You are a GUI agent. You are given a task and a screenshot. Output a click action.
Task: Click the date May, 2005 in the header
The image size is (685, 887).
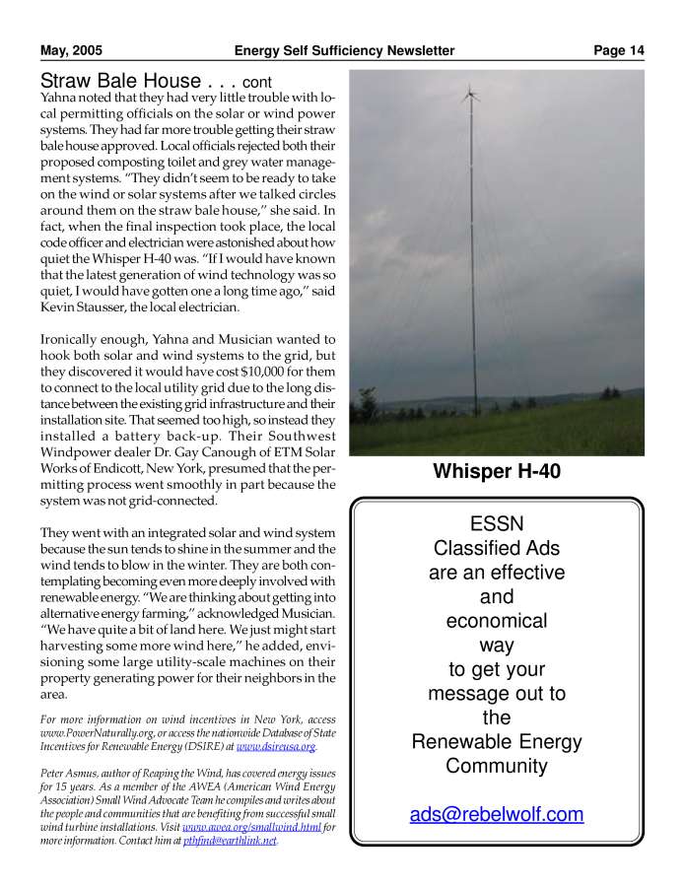pos(71,50)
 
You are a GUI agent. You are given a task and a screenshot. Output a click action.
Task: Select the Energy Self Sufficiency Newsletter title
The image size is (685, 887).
pos(344,50)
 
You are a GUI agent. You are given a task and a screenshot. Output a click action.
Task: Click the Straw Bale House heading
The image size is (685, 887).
pos(122,81)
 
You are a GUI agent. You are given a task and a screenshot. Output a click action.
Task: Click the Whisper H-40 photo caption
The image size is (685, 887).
pos(497,472)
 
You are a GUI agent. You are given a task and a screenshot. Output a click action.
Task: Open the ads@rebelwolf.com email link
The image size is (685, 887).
pos(497,814)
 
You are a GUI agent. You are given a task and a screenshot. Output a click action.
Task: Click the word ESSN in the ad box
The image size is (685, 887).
pos(497,524)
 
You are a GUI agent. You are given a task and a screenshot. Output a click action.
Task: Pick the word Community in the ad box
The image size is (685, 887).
pos(497,766)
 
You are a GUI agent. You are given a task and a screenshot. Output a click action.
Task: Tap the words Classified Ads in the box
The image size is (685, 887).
pos(497,549)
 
